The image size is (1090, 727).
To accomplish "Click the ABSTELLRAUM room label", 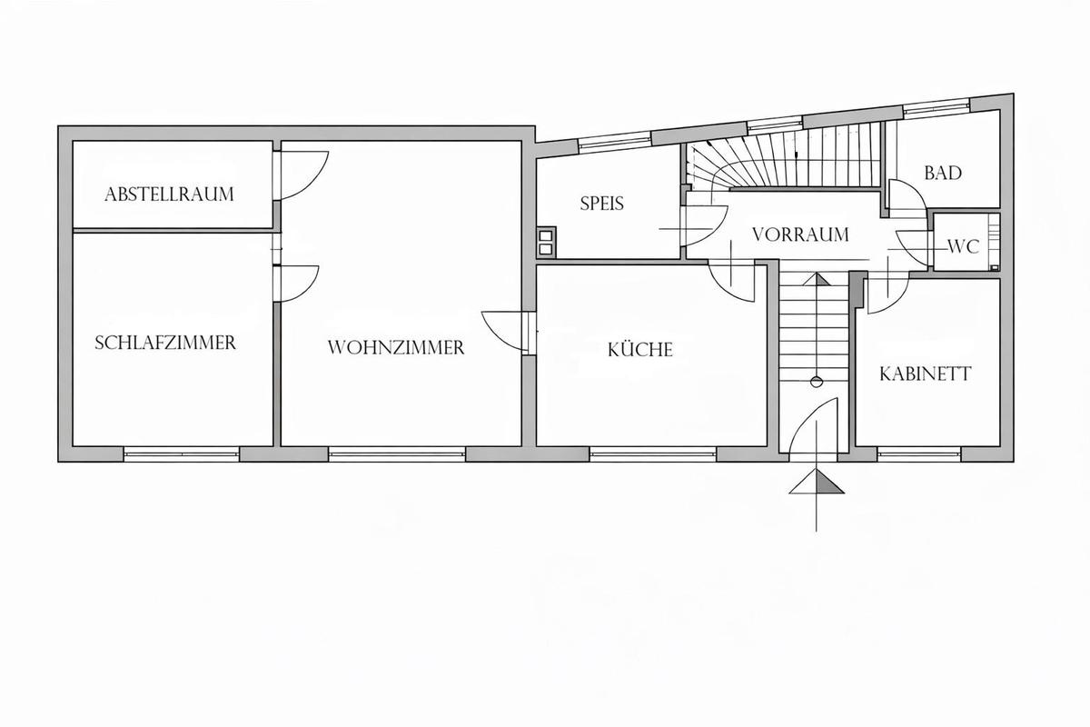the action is coord(169,194).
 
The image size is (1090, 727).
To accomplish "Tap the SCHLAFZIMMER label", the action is coord(165,343).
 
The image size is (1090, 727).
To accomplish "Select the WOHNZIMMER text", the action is coord(396,348).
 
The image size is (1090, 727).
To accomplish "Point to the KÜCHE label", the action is coord(640,349).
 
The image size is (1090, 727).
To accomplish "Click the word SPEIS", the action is coord(602,203).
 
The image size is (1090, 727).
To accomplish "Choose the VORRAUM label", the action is coord(800,234).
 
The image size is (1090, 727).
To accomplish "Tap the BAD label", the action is coord(943,173).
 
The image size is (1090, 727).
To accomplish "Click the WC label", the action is coord(964,247).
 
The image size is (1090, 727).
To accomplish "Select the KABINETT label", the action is coord(926,374).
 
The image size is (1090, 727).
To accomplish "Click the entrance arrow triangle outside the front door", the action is coord(817,482).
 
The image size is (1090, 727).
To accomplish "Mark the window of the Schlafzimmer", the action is coord(182,453).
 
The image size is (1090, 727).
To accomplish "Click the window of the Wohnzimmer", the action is coord(397,453).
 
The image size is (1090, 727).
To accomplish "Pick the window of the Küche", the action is coord(652,453).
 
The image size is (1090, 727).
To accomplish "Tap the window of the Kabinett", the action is coord(919,453).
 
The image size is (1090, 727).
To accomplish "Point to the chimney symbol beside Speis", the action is coord(546,243).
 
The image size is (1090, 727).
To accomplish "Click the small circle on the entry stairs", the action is coord(817,382).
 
